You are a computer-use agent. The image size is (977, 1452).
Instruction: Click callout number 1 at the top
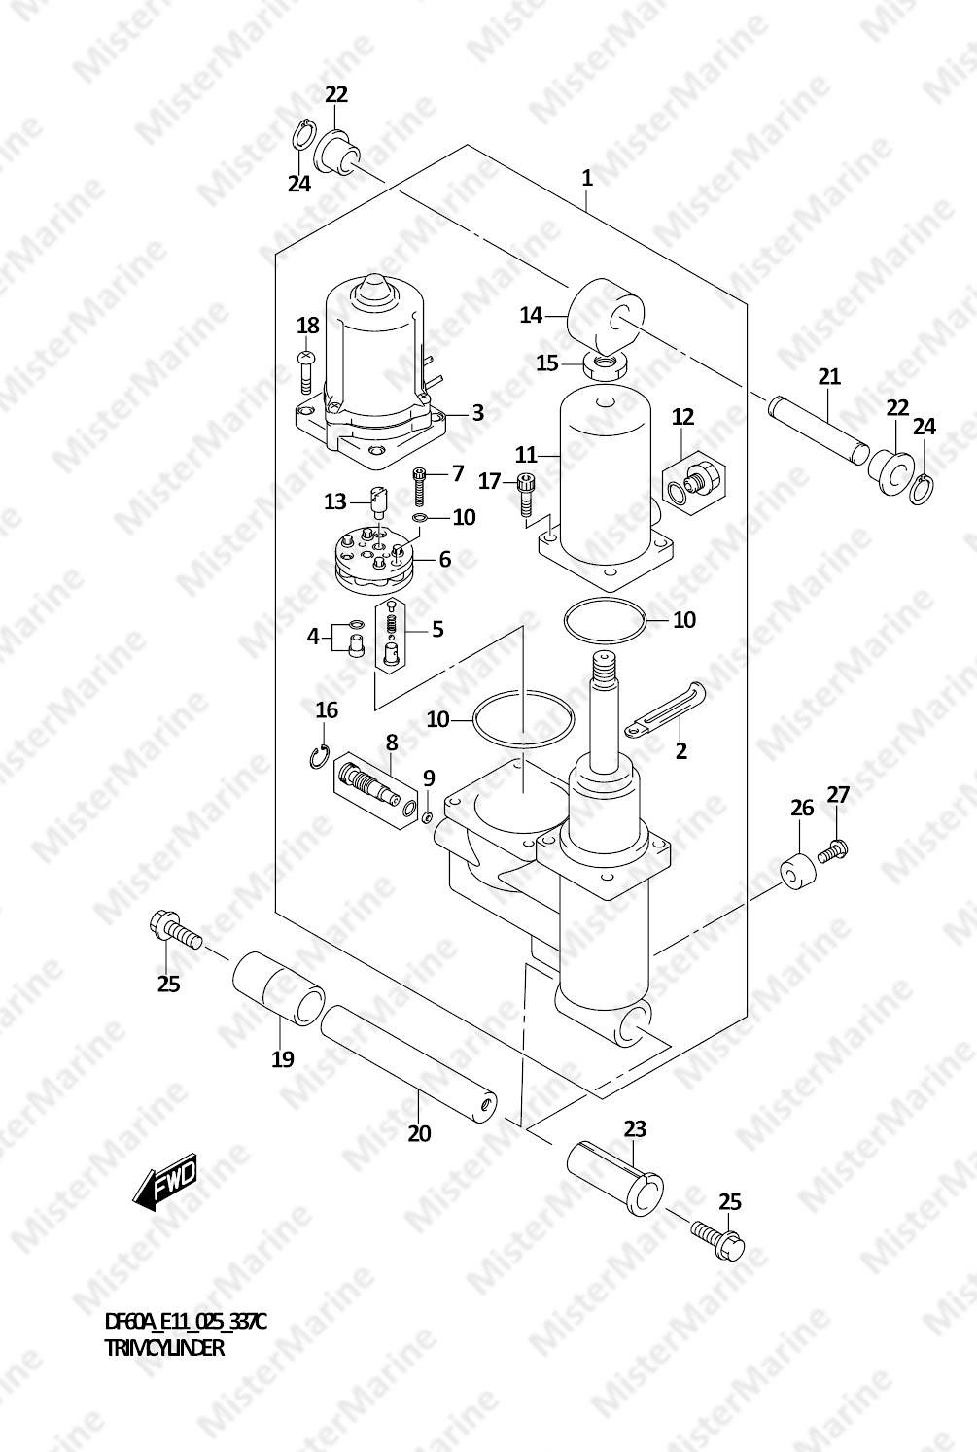coord(587,178)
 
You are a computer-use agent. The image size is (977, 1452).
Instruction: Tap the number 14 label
coord(531,315)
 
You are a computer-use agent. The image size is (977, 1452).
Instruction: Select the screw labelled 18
coord(305,372)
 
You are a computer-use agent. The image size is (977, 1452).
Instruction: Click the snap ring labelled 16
coord(318,757)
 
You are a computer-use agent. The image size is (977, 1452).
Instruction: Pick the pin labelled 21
coord(819,432)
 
